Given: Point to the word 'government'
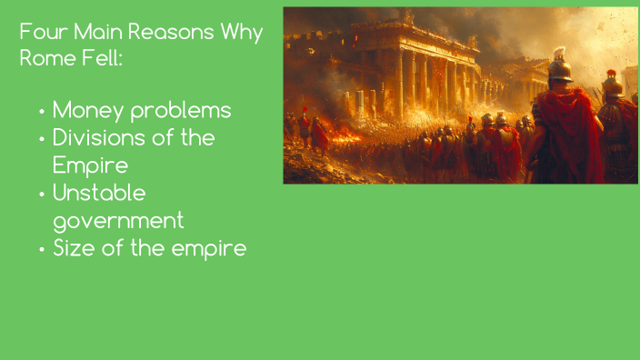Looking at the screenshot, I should [118, 221].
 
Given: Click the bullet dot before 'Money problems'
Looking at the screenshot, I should [42, 113].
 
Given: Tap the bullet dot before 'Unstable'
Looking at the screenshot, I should [42, 194].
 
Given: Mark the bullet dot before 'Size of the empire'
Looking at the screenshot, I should [42, 249].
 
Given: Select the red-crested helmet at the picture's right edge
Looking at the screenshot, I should [613, 84].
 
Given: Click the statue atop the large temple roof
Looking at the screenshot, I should [409, 16].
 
